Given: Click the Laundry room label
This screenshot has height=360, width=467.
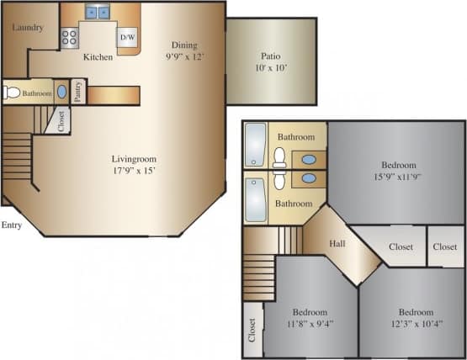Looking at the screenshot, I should click(28, 28).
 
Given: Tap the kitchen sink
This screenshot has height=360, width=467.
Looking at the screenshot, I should click(98, 13).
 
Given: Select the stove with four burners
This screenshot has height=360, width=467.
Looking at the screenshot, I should click(70, 38).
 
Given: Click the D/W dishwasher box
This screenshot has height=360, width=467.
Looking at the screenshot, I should click(128, 38).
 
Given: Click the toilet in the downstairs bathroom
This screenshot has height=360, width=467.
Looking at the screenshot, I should click(11, 93).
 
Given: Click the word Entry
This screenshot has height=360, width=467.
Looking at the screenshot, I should click(11, 225).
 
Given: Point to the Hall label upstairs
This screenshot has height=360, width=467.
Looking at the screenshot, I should click(337, 244).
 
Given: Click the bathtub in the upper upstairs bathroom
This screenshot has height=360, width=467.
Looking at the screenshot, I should click(254, 145).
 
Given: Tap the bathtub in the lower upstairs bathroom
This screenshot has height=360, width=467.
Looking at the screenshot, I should click(254, 198).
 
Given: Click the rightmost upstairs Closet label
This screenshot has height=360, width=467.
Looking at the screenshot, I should click(445, 247).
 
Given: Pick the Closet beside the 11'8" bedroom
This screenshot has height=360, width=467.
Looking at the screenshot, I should click(252, 334).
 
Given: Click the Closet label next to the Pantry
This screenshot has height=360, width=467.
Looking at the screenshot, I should click(62, 121).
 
